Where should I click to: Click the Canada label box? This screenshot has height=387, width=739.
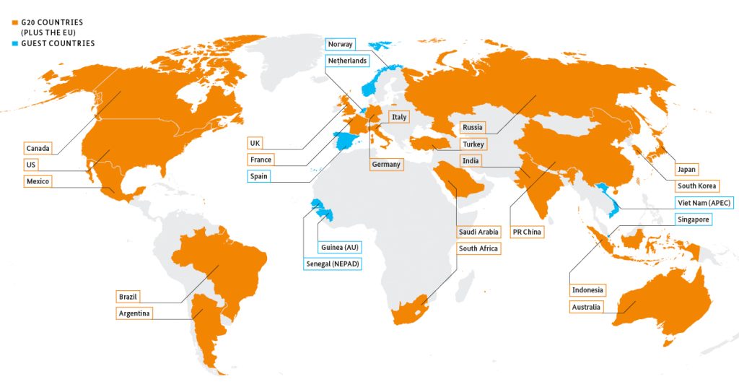tap(38, 148)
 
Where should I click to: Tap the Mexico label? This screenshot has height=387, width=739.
tap(38, 181)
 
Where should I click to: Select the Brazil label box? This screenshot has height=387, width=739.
tap(128, 297)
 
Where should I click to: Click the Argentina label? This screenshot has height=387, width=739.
tap(135, 313)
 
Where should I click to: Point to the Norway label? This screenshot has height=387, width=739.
tap(340, 44)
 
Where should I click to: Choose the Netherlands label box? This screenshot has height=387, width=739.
tap(347, 61)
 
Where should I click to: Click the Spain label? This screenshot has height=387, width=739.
tap(258, 175)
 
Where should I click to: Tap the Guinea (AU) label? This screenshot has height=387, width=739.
tap(339, 248)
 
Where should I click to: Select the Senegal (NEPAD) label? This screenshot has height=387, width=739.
tap(332, 264)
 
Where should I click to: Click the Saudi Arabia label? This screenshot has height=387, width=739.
tap(478, 232)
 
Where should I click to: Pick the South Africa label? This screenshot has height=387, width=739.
tap(478, 248)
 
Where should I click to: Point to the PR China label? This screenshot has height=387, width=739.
tap(526, 232)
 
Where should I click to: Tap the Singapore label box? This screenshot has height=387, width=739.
tap(694, 219)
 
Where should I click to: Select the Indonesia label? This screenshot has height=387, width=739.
tap(587, 290)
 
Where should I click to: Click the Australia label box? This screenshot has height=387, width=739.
tap(587, 307)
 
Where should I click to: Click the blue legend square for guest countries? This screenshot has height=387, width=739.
tap(14, 43)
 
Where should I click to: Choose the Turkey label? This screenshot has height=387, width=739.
tap(473, 144)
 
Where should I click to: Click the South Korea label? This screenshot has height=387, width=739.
tap(696, 186)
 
